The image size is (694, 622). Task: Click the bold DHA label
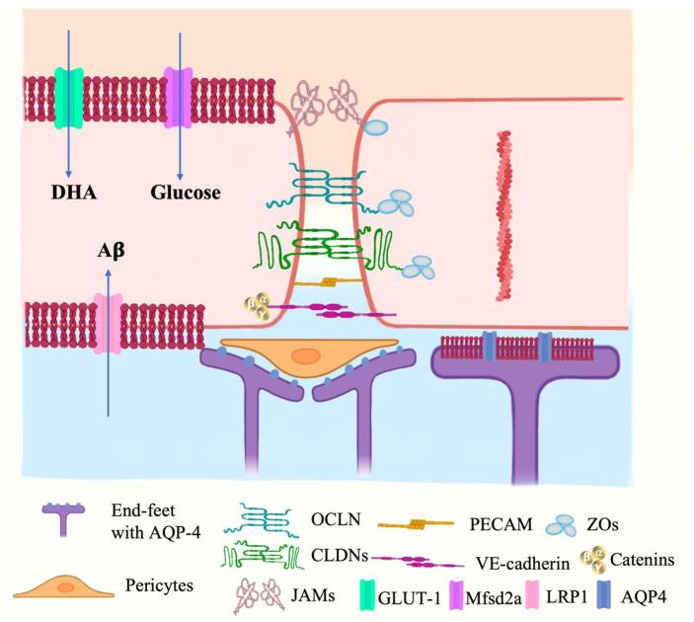point(74,193)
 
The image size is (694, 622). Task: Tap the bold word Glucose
point(186,193)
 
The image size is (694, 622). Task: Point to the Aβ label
point(112,251)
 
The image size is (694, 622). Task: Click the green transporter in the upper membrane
point(68,98)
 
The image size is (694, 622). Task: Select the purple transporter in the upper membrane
point(178,98)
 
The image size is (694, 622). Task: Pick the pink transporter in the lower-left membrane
point(107,325)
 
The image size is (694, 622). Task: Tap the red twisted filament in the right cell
point(503,216)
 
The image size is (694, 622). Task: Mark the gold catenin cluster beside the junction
point(258,306)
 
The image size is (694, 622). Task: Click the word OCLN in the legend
point(336,519)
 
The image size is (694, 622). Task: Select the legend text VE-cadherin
point(522,563)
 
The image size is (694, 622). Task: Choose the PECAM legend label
point(501,524)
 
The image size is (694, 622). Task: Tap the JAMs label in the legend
point(313,595)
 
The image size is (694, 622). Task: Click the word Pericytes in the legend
point(159,585)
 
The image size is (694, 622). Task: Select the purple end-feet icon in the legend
point(63,519)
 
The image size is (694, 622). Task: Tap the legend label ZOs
point(602,524)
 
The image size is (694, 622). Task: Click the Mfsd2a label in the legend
point(494,598)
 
